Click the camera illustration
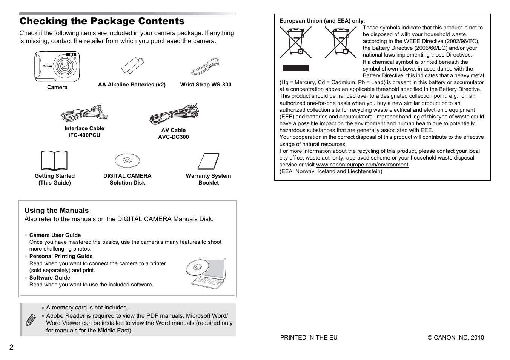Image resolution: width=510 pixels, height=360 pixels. pos(57,66)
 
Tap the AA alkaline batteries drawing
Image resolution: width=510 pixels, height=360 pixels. pos(132,66)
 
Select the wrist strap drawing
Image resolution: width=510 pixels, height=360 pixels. pos(205,67)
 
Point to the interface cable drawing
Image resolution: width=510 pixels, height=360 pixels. pos(84,113)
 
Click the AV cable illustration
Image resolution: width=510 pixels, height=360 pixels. pos(174,114)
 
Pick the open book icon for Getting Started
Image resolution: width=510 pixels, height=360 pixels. pos(54,161)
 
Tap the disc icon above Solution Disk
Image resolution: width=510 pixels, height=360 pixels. pos(127,161)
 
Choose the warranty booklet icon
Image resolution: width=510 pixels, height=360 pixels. pos(209,162)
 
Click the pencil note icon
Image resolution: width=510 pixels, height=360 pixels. pos(31,320)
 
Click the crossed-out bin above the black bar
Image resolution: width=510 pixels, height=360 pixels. pos(296,43)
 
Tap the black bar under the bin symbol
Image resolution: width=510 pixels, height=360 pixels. pos(296,68)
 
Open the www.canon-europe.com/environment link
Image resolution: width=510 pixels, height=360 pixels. pos(362,165)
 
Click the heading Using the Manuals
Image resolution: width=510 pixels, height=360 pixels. pos(57,211)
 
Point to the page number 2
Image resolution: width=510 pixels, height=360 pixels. pos(11,348)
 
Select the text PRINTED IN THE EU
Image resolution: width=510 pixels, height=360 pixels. pos(309,338)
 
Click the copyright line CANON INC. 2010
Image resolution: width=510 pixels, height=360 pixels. pos(456,338)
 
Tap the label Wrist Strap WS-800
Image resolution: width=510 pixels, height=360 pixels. pos(206,85)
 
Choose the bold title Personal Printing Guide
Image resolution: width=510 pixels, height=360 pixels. pos(61,256)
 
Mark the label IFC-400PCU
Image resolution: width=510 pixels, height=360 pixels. pos(84,135)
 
